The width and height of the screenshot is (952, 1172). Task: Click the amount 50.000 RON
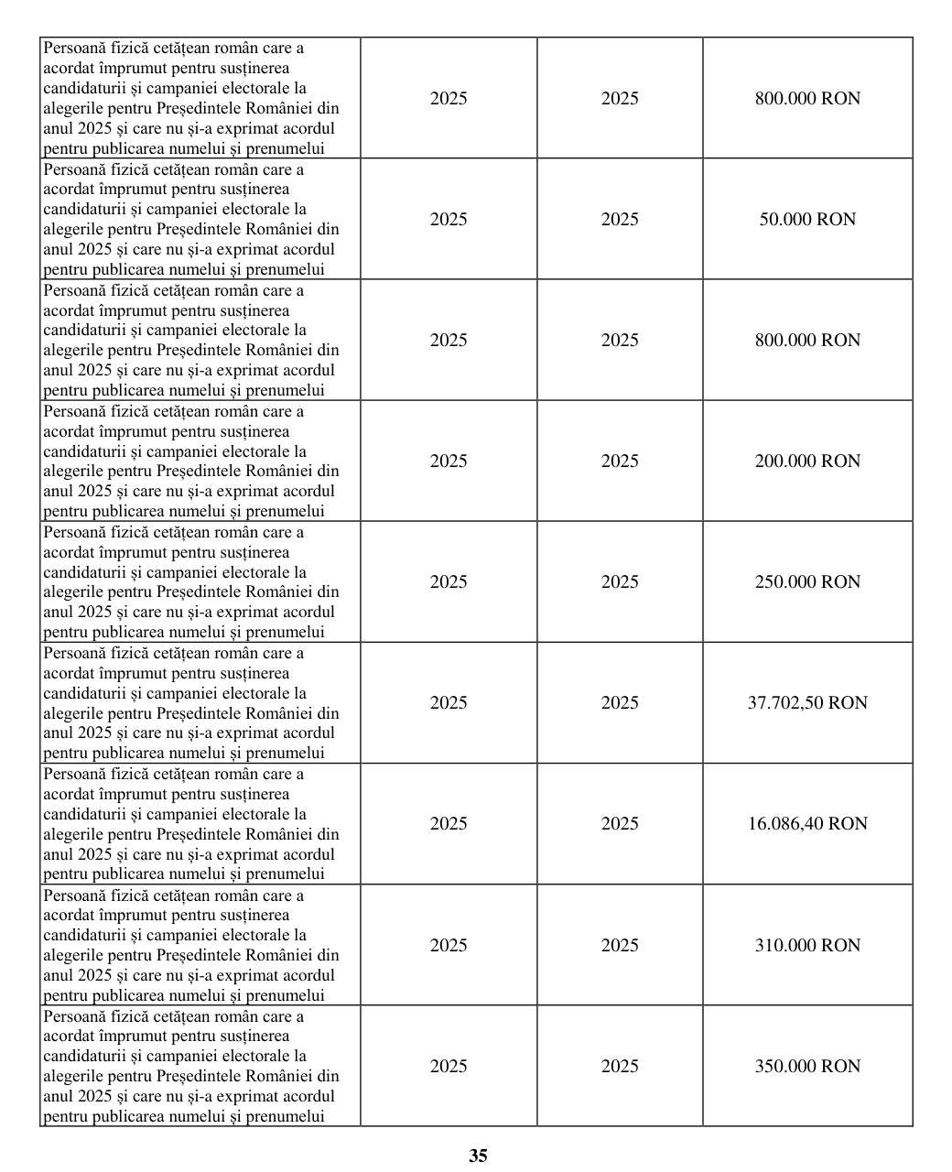coord(807,220)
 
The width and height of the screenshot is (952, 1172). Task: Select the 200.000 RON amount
coord(807,461)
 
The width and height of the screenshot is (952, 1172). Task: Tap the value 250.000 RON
coord(807,582)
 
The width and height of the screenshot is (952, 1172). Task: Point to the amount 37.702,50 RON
coord(807,703)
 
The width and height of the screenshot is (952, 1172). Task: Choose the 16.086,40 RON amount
coord(807,824)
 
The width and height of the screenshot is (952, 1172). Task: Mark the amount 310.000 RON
coord(807,946)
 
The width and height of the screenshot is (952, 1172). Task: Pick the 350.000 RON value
coord(807,1067)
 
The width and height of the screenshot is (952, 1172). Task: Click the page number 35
coord(478,1156)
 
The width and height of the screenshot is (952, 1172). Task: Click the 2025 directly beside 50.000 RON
coord(620,220)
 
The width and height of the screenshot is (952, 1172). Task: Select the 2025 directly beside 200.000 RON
coord(620,461)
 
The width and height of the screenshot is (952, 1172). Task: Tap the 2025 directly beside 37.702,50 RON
coord(620,703)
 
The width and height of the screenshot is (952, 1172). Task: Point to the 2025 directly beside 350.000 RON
coord(620,1067)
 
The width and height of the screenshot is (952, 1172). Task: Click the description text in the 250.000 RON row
coord(190,582)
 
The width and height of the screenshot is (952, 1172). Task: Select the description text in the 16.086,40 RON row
coord(190,824)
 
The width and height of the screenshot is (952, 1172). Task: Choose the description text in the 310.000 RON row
coord(190,946)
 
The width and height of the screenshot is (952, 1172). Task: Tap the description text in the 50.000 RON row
coord(190,220)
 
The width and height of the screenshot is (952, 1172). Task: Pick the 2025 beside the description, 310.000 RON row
coord(449,946)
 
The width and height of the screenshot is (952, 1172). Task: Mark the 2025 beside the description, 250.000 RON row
coord(449,582)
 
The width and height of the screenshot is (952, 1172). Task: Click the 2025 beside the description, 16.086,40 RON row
coord(449,824)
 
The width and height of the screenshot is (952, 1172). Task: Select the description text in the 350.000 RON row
coord(190,1067)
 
